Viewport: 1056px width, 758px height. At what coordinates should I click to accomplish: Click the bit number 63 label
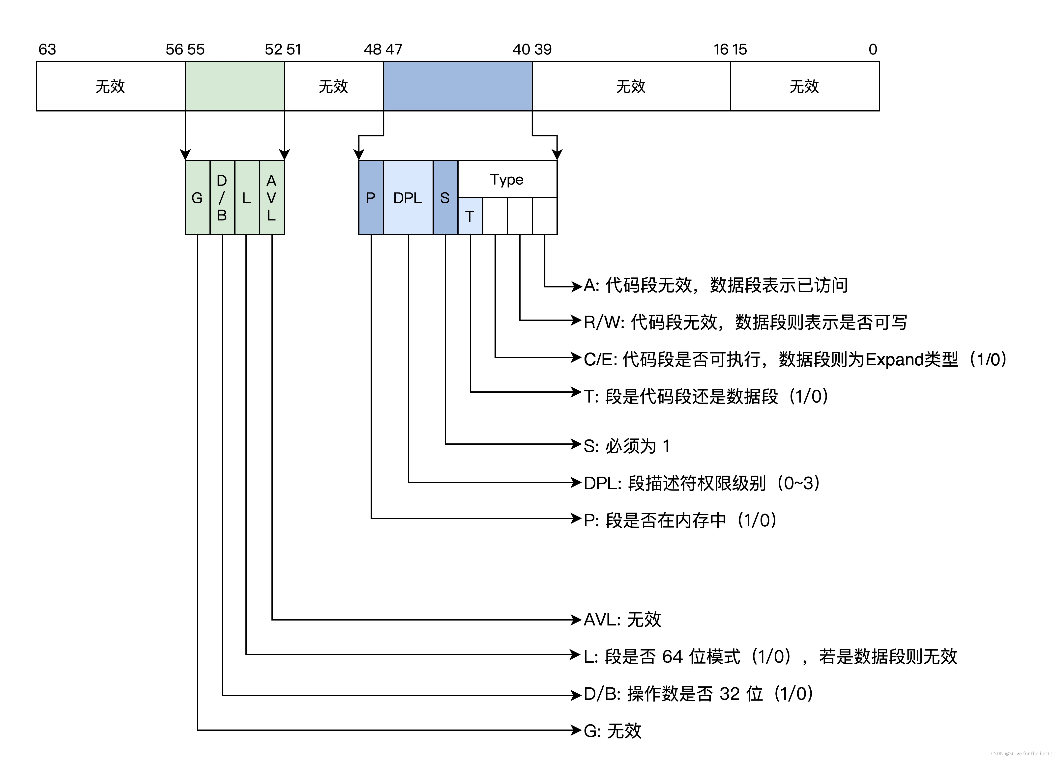pos(47,49)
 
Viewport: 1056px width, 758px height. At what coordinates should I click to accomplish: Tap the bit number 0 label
pos(873,49)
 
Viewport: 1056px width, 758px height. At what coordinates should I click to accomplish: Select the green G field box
pos(197,198)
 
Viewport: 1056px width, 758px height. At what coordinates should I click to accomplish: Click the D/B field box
pos(222,198)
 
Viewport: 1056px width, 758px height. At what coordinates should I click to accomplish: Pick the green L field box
pos(247,198)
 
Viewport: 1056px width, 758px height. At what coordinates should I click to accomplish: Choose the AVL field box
pos(272,198)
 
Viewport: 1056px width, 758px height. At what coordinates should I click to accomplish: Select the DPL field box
pos(408,198)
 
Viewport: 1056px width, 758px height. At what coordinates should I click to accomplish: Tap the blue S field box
pos(445,198)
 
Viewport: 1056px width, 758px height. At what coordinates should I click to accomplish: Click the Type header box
pos(507,179)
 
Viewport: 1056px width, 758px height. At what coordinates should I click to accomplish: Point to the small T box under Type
pos(470,216)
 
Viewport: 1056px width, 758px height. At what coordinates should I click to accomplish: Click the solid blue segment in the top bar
pos(458,86)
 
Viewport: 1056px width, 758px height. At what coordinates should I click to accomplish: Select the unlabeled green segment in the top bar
pos(235,86)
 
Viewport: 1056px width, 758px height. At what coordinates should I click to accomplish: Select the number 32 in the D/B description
pos(730,694)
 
